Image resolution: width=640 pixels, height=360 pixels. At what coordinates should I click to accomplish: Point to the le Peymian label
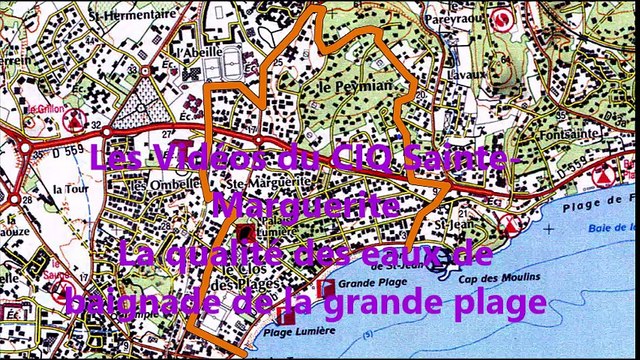click(x=341, y=87)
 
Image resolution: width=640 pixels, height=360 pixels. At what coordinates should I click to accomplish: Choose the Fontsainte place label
click(x=596, y=132)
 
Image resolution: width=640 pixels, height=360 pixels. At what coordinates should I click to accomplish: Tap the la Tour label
click(x=70, y=188)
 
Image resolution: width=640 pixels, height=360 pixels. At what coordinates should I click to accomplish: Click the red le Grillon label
click(x=45, y=109)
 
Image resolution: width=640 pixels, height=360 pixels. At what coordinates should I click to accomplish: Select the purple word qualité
click(x=239, y=254)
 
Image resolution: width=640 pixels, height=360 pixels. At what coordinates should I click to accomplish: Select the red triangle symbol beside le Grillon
click(x=73, y=120)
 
